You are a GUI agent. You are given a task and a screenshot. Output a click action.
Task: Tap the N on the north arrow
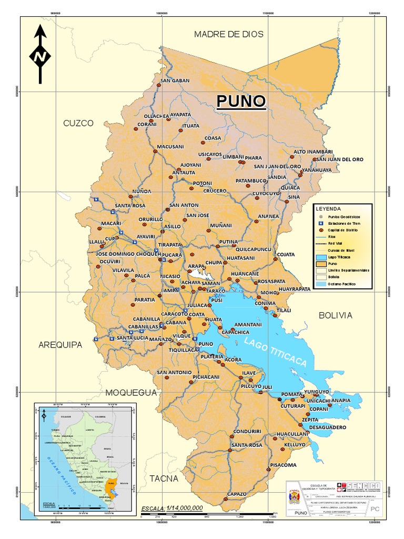[40, 56]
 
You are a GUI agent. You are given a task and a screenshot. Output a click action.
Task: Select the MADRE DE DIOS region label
[228, 34]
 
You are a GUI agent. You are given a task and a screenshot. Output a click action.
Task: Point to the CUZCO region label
[78, 123]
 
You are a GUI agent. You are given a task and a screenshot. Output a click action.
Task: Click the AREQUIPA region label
[60, 345]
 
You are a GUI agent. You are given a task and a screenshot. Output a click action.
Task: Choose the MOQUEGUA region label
[131, 393]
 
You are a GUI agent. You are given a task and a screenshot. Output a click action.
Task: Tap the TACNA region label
[164, 478]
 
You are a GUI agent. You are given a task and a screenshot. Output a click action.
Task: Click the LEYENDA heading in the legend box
[328, 208]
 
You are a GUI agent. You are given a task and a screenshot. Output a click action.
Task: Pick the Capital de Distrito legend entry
[345, 230]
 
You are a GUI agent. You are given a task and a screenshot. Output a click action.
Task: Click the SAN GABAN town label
[175, 81]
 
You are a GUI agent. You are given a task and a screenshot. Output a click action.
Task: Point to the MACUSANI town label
[170, 146]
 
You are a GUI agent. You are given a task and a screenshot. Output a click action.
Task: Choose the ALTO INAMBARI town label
[314, 152]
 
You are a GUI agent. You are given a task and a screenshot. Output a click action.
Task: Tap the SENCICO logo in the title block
[359, 487]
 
